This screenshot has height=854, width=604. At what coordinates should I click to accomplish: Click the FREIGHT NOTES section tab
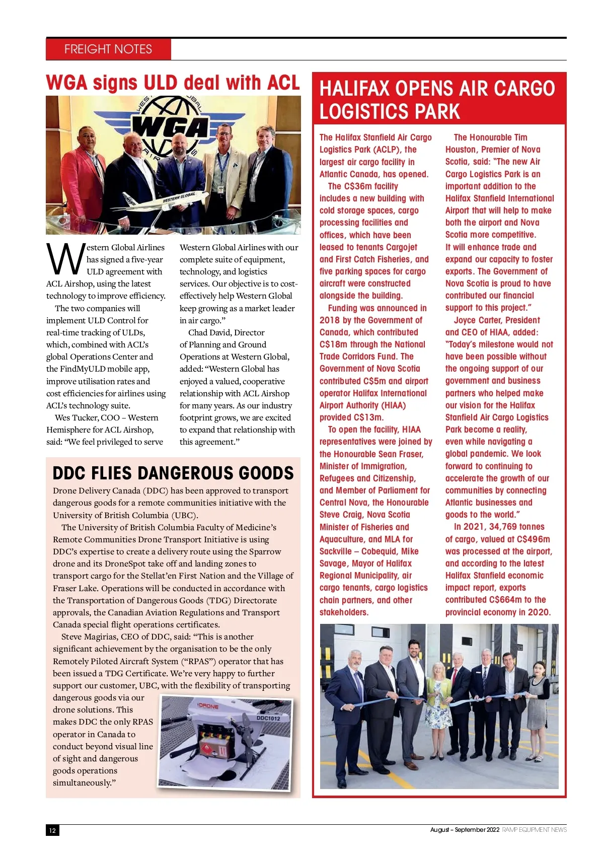[108, 49]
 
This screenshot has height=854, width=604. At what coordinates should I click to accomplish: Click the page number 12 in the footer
[52, 830]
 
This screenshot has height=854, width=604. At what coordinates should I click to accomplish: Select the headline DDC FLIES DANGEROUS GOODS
[173, 473]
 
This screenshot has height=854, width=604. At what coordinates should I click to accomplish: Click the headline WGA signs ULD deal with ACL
[173, 83]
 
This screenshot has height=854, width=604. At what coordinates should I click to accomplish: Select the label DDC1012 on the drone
[268, 718]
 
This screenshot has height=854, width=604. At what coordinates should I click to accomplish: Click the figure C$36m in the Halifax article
[357, 186]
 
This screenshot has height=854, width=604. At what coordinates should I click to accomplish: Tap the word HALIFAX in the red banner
[355, 89]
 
